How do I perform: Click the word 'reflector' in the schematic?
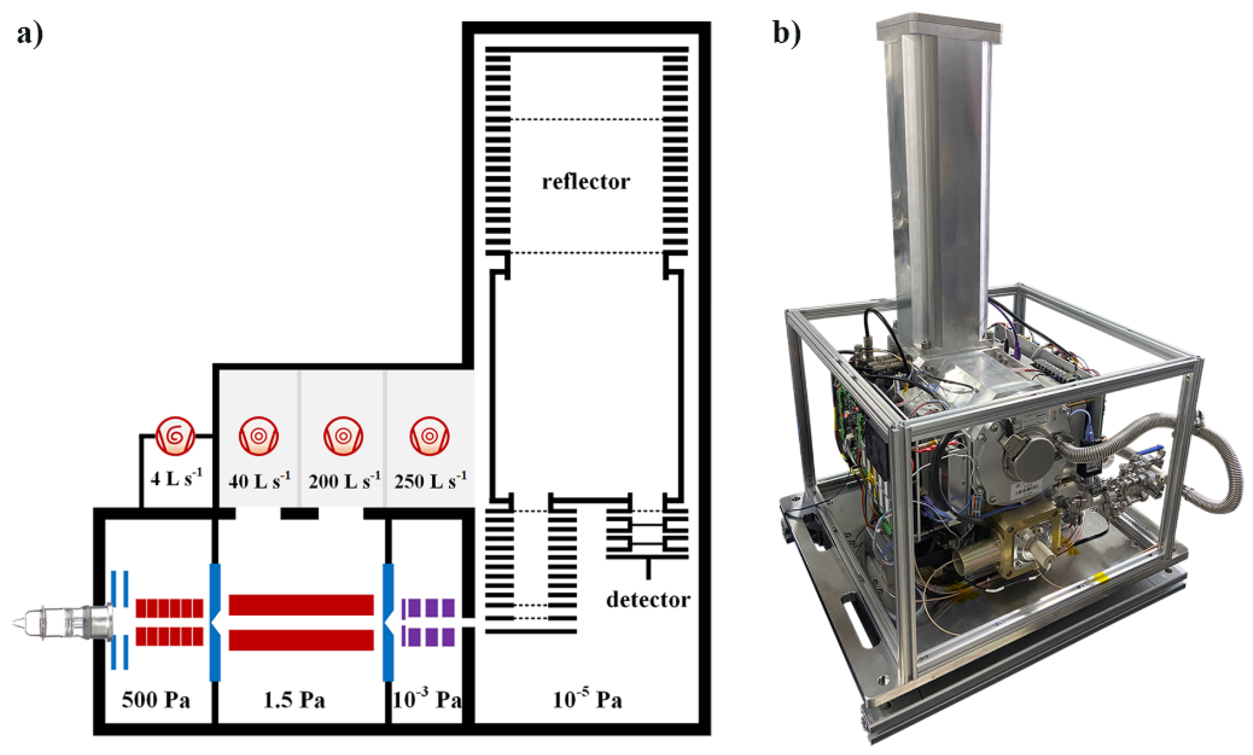tap(586, 181)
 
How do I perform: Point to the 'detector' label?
tap(648, 600)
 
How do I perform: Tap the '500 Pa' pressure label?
tap(156, 700)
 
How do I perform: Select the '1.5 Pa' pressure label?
tap(294, 700)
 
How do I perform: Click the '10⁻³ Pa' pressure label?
tap(426, 699)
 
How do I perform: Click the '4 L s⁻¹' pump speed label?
tap(176, 478)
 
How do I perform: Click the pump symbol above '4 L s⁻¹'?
tap(175, 436)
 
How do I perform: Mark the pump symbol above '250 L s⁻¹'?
tap(429, 436)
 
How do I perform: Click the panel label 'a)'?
tap(30, 34)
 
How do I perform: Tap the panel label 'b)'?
tap(786, 33)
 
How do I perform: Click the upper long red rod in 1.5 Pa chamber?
tap(301, 605)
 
